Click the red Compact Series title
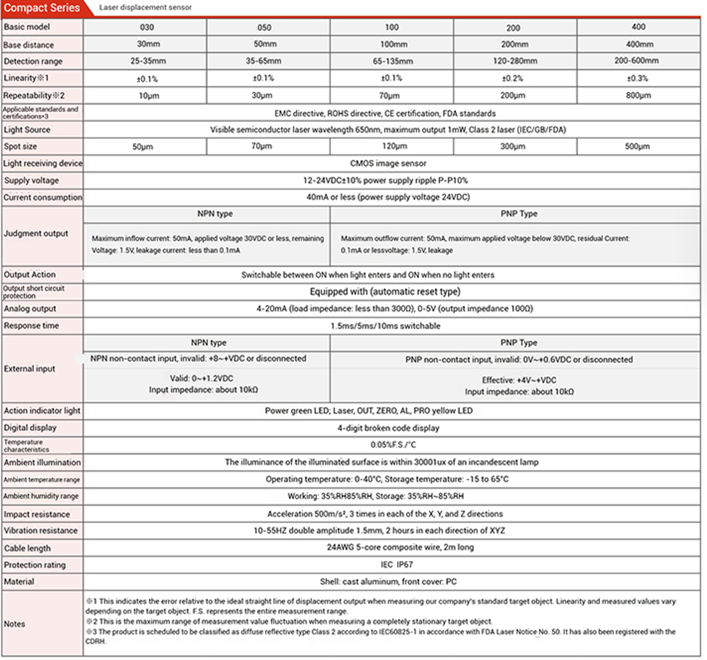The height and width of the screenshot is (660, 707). [x=42, y=8]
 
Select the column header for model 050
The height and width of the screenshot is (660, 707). [x=264, y=27]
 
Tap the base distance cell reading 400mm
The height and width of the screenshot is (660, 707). [x=639, y=44]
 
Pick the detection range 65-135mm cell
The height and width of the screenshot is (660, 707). [x=392, y=61]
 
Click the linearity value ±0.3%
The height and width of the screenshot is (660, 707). [x=637, y=79]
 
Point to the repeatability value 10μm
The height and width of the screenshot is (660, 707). [x=149, y=96]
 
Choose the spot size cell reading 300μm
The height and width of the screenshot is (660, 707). [x=513, y=146]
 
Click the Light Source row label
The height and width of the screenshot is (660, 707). [x=27, y=130]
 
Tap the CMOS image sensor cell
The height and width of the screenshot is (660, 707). [x=388, y=163]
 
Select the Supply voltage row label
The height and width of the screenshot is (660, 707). [x=31, y=180]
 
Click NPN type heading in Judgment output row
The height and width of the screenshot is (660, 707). [x=215, y=214]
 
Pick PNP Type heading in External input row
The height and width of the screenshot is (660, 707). [x=519, y=343]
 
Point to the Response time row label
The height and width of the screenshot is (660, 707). [x=31, y=325]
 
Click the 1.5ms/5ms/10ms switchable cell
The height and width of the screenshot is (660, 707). [x=385, y=326]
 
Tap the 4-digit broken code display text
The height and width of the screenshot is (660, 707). [x=388, y=428]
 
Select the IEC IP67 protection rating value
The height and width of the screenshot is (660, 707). [x=397, y=564]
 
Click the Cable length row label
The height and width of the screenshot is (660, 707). [x=27, y=548]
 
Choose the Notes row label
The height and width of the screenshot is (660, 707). [x=15, y=624]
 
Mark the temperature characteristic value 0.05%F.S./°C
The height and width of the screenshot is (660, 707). [x=393, y=445]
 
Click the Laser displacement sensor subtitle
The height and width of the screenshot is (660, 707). [x=145, y=8]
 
